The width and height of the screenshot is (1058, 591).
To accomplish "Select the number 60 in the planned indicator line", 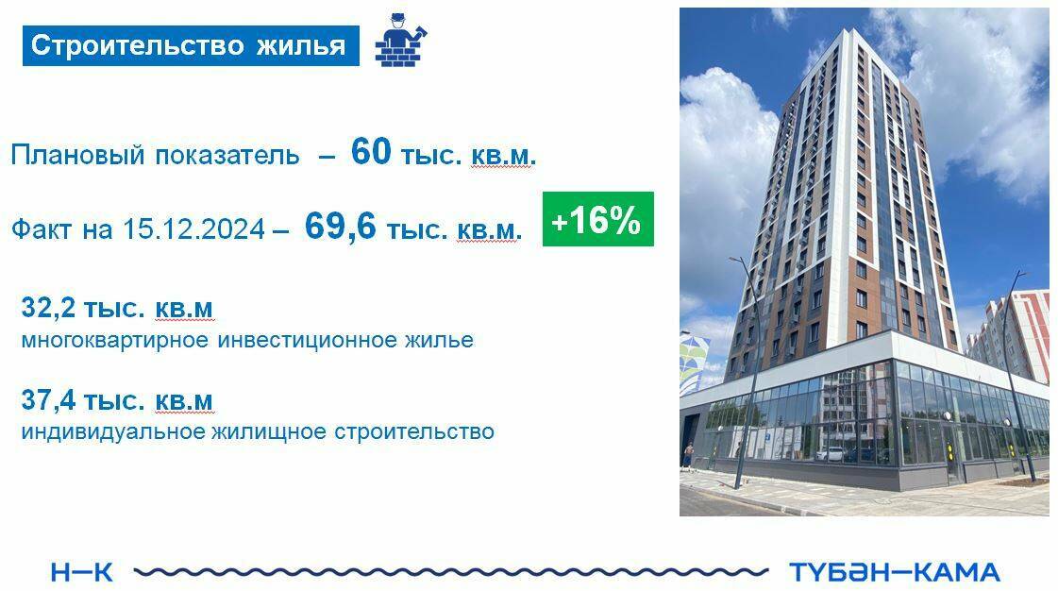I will point(370,151).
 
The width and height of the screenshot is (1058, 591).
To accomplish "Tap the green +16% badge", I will point(597,221).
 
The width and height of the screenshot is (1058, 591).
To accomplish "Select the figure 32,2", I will point(47,308).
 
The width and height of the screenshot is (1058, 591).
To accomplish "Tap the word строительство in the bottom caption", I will point(413,432).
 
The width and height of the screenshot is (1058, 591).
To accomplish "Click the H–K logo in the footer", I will point(81,571).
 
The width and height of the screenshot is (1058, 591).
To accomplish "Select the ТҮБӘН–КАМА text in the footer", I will point(893,571).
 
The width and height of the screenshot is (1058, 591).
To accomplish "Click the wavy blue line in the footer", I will point(451,571).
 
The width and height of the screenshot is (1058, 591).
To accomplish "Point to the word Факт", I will point(42,229).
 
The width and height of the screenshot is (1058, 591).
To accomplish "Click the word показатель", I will point(227,156).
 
